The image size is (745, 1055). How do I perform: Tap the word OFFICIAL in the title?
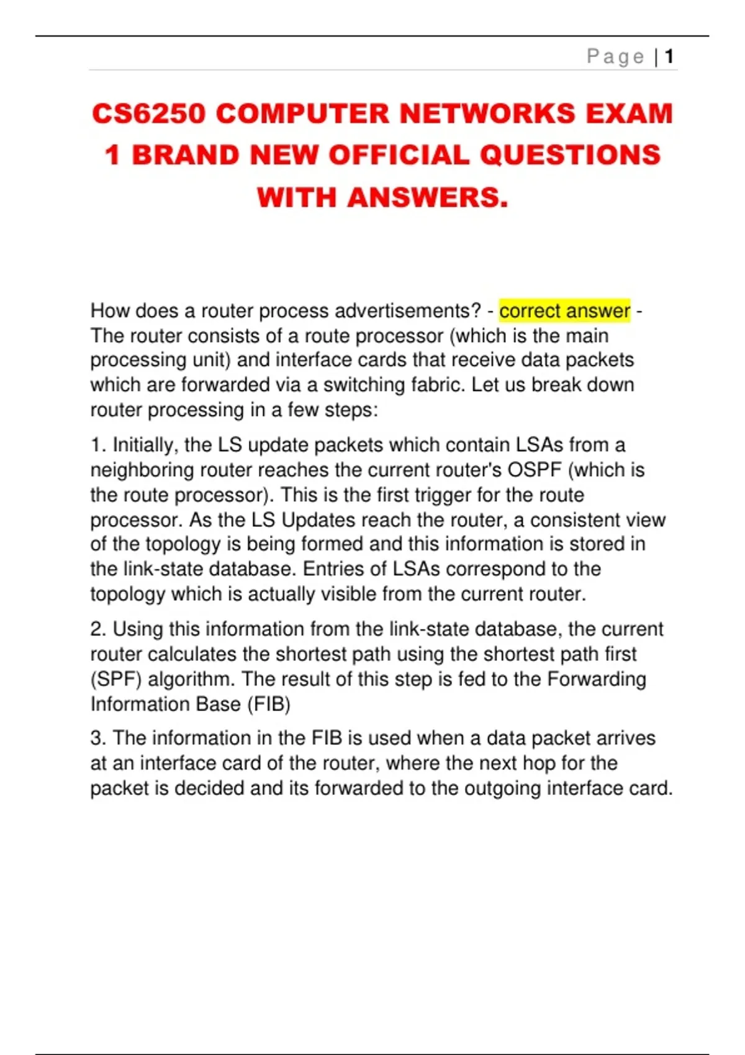tap(399, 155)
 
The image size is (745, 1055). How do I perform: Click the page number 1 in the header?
tap(669, 57)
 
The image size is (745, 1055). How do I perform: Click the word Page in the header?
tap(615, 57)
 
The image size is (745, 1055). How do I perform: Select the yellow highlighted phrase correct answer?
tap(564, 310)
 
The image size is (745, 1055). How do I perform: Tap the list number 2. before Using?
tap(99, 629)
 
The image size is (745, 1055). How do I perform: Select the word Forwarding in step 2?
tap(596, 679)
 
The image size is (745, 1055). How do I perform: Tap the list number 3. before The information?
tap(99, 738)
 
